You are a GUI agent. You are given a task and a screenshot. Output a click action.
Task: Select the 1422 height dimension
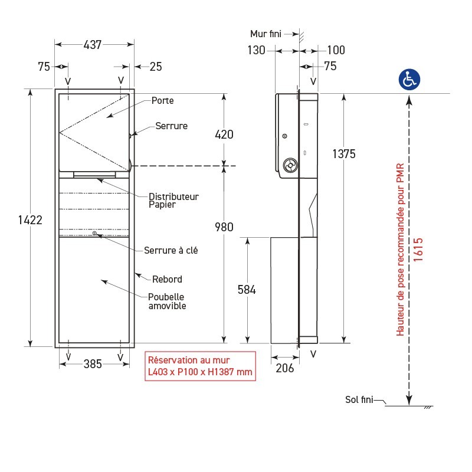click(30, 220)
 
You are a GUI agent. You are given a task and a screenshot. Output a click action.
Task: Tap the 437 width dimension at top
click(92, 44)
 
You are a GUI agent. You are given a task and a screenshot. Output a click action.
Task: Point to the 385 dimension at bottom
click(93, 364)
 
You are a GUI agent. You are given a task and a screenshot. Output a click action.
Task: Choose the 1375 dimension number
click(344, 154)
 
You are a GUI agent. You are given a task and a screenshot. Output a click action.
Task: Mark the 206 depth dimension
click(284, 368)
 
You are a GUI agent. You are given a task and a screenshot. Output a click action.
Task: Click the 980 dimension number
click(224, 227)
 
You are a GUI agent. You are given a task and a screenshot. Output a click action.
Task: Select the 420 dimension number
click(224, 135)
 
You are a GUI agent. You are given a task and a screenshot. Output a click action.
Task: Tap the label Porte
click(162, 101)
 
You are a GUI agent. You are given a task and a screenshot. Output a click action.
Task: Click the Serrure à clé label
click(171, 250)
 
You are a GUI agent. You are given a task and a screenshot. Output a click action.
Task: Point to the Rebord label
click(167, 279)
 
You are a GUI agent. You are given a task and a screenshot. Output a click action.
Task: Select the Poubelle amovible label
click(167, 301)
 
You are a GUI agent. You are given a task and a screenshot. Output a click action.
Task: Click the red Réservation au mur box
click(200, 366)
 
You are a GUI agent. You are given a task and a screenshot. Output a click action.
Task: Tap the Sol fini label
click(359, 399)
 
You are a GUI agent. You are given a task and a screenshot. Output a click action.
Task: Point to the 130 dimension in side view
click(257, 51)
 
